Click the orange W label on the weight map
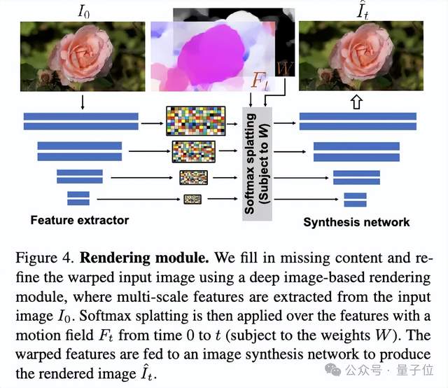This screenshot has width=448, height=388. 284,69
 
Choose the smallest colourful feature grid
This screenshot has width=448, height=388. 192,199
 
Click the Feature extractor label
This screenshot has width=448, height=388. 79,220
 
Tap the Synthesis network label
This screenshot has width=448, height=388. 356,223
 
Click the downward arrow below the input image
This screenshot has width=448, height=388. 83,102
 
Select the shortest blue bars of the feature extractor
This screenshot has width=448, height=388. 78,198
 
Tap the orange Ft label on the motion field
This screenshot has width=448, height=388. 260,79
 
